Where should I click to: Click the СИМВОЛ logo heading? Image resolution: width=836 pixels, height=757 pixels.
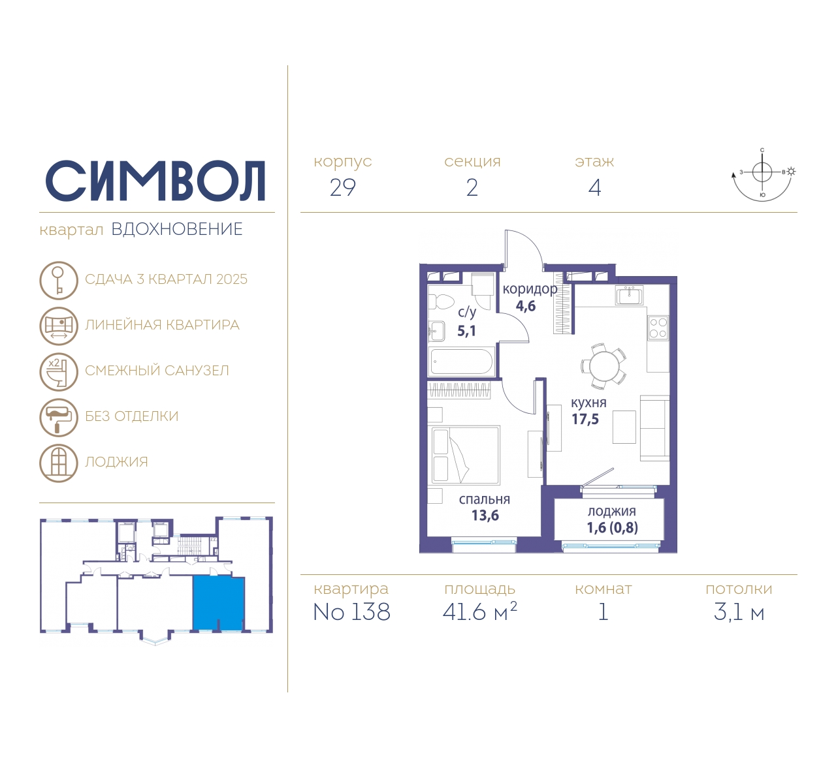[x=155, y=181]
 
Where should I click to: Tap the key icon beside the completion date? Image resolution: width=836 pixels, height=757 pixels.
[x=59, y=280]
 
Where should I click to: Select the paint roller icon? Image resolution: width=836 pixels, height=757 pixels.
[x=59, y=417]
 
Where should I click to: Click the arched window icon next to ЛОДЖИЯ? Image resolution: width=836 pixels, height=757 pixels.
[x=59, y=463]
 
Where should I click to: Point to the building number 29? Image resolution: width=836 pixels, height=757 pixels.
[x=343, y=188]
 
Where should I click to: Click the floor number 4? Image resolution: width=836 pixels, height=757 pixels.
[x=595, y=188]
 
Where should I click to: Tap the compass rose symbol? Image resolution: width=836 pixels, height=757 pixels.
[x=762, y=175]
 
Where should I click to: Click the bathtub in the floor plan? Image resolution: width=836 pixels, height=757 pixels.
[x=461, y=362]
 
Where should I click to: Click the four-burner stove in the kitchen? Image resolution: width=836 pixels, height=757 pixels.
[x=658, y=328]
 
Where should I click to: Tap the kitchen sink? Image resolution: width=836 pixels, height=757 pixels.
[x=630, y=295]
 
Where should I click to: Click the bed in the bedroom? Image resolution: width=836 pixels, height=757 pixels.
[x=465, y=455]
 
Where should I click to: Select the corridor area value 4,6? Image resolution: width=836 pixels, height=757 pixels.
[x=526, y=306]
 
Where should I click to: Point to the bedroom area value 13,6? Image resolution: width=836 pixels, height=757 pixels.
[x=485, y=516]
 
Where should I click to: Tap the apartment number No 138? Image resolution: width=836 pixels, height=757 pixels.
[x=352, y=611]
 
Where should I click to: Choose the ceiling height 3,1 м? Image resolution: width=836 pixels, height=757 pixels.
[x=739, y=612]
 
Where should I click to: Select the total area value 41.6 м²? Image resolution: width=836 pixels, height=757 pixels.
[x=479, y=611]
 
